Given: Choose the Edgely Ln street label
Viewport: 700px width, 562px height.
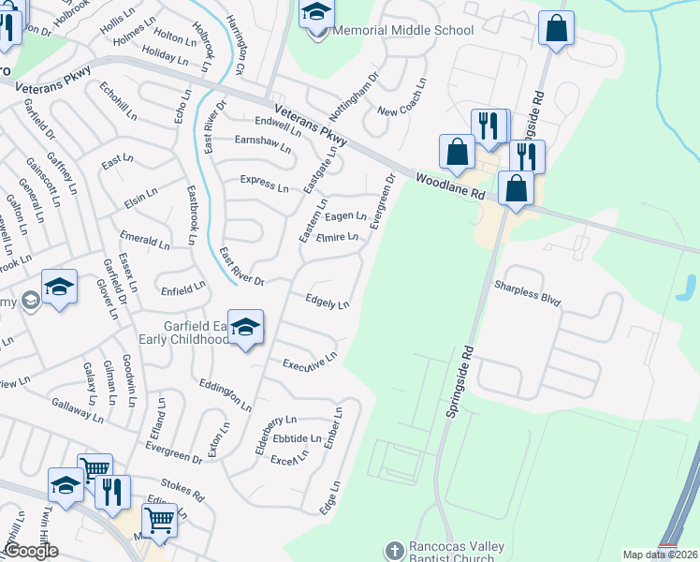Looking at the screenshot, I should [328, 303].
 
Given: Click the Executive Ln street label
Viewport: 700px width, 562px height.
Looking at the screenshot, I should [309, 362].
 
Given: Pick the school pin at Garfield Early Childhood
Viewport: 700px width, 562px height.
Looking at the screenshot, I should [245, 328].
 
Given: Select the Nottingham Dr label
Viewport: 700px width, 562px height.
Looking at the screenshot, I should [357, 91].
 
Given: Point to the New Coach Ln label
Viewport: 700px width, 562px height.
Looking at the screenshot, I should [401, 111].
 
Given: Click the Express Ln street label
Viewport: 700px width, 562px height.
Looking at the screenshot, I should [264, 183].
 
